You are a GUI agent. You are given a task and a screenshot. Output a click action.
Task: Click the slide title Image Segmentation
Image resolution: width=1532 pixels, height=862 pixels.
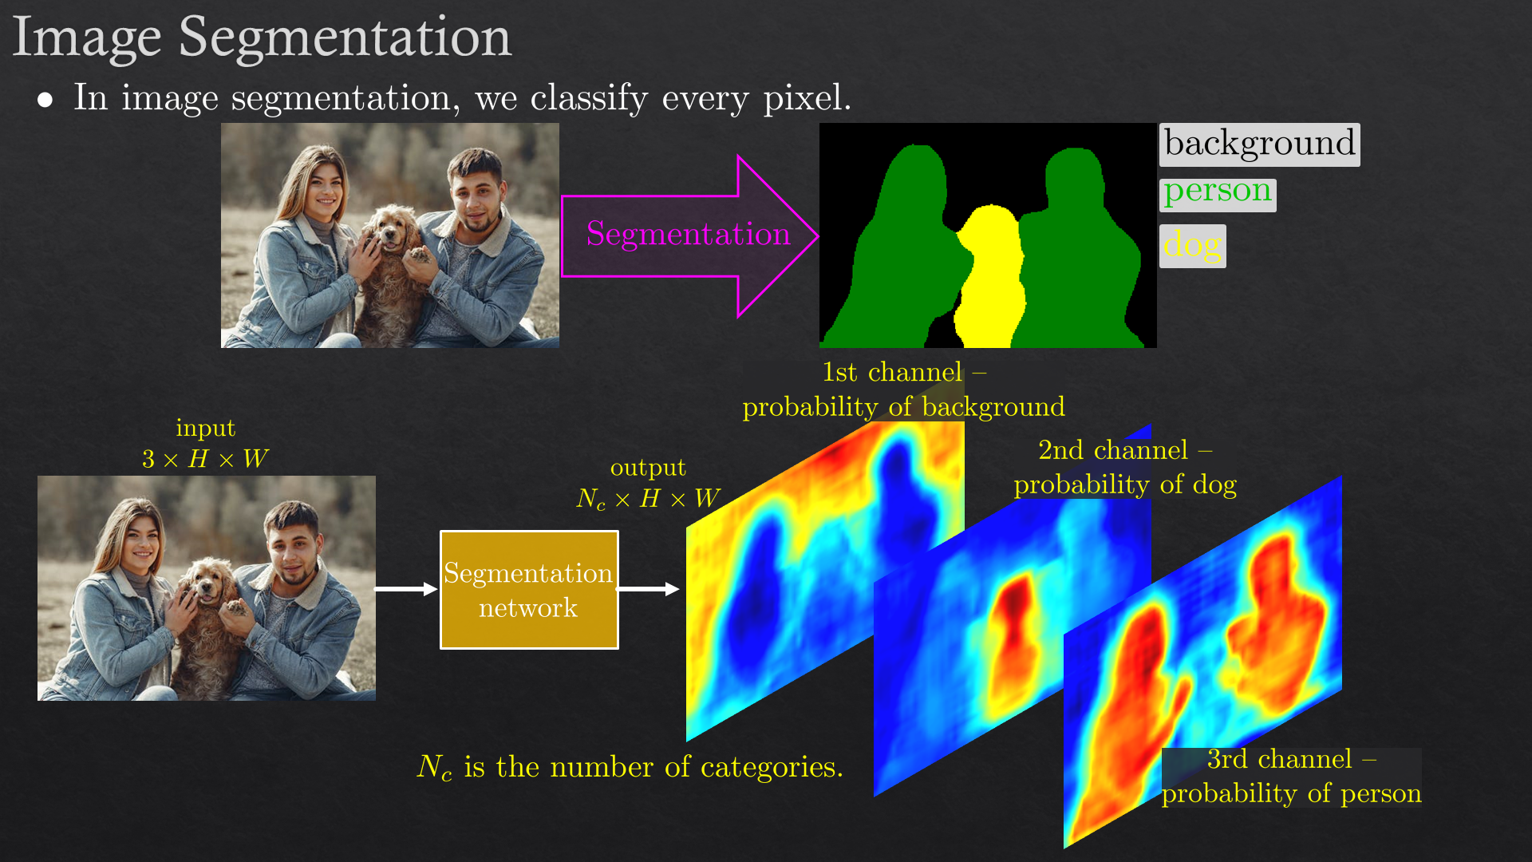click(262, 38)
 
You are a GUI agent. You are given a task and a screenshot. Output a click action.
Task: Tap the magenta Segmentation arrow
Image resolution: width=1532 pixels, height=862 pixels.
click(690, 236)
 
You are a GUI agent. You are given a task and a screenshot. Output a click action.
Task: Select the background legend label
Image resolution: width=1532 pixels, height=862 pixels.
click(1259, 144)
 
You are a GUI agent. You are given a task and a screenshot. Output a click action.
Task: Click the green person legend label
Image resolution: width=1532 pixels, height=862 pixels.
click(1218, 194)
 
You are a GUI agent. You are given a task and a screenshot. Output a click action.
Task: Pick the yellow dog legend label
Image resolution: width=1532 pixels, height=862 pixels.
click(1192, 246)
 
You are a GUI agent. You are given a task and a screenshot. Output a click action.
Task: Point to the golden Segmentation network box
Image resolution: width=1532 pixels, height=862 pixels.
click(529, 590)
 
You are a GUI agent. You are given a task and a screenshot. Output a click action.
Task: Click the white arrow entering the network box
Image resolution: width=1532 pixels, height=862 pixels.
click(406, 589)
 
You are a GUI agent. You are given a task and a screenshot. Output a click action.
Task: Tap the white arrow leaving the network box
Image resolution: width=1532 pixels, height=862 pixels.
click(649, 589)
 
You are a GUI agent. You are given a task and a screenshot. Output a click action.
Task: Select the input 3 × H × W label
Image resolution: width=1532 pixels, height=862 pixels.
click(205, 444)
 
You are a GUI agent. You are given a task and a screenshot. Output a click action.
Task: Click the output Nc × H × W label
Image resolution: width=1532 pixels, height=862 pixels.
click(648, 484)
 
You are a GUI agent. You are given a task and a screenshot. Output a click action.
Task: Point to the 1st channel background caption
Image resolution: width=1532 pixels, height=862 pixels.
click(903, 389)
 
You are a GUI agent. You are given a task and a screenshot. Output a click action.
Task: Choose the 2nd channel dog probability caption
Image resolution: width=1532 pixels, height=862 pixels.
click(1125, 467)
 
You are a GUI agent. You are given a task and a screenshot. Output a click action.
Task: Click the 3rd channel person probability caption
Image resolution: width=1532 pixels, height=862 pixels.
click(1291, 776)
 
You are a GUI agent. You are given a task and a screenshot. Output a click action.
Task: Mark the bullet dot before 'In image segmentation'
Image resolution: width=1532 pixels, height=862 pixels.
click(45, 100)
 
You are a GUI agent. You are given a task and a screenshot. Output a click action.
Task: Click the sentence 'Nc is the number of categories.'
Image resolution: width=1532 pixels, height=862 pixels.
click(630, 768)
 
